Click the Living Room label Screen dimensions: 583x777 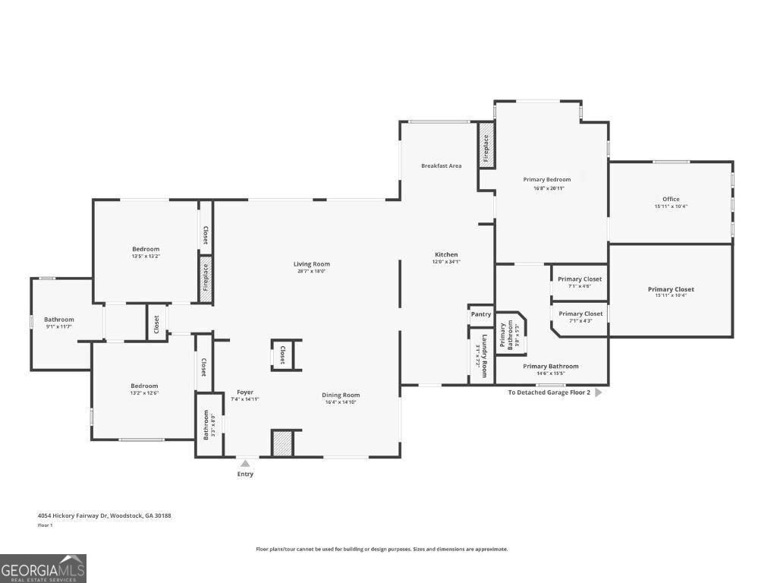click(312, 264)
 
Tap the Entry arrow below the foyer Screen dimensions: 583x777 click(245, 463)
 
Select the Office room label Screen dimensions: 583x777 click(671, 199)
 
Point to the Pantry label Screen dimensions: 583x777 click(481, 314)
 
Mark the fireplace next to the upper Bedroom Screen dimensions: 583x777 click(205, 279)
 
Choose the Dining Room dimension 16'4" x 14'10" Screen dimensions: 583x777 click(341, 402)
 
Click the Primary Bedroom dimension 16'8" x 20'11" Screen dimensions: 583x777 click(546, 188)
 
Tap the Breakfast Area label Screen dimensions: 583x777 click(442, 165)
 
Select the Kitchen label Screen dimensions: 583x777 click(446, 254)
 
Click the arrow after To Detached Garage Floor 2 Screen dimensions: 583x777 click(598, 392)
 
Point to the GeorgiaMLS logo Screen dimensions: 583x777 click(43, 569)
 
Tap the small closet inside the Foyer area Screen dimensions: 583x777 click(282, 355)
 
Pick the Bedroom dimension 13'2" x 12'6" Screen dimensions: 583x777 click(144, 393)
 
